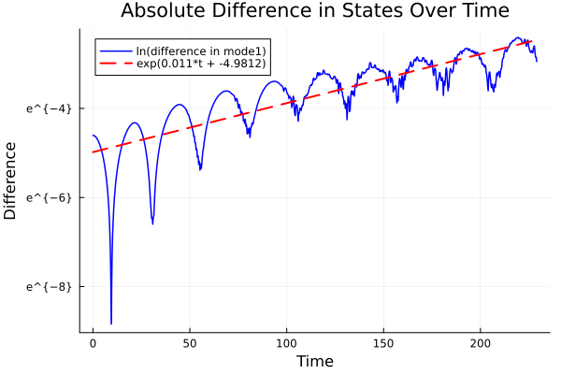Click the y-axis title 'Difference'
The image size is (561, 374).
[10, 180]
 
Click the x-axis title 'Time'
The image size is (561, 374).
[314, 361]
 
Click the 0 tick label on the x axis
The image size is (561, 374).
[93, 343]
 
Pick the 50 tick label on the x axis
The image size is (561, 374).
[190, 343]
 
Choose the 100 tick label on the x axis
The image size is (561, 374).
[287, 343]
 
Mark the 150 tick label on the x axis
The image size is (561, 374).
[383, 343]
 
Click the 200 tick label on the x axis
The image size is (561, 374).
[481, 343]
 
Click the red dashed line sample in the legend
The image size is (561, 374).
[116, 64]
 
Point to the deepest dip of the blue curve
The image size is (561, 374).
[111, 323]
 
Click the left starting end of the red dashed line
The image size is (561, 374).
[93, 152]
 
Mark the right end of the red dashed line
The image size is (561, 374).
[533, 41]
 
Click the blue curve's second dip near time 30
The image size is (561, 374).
[152, 223]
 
